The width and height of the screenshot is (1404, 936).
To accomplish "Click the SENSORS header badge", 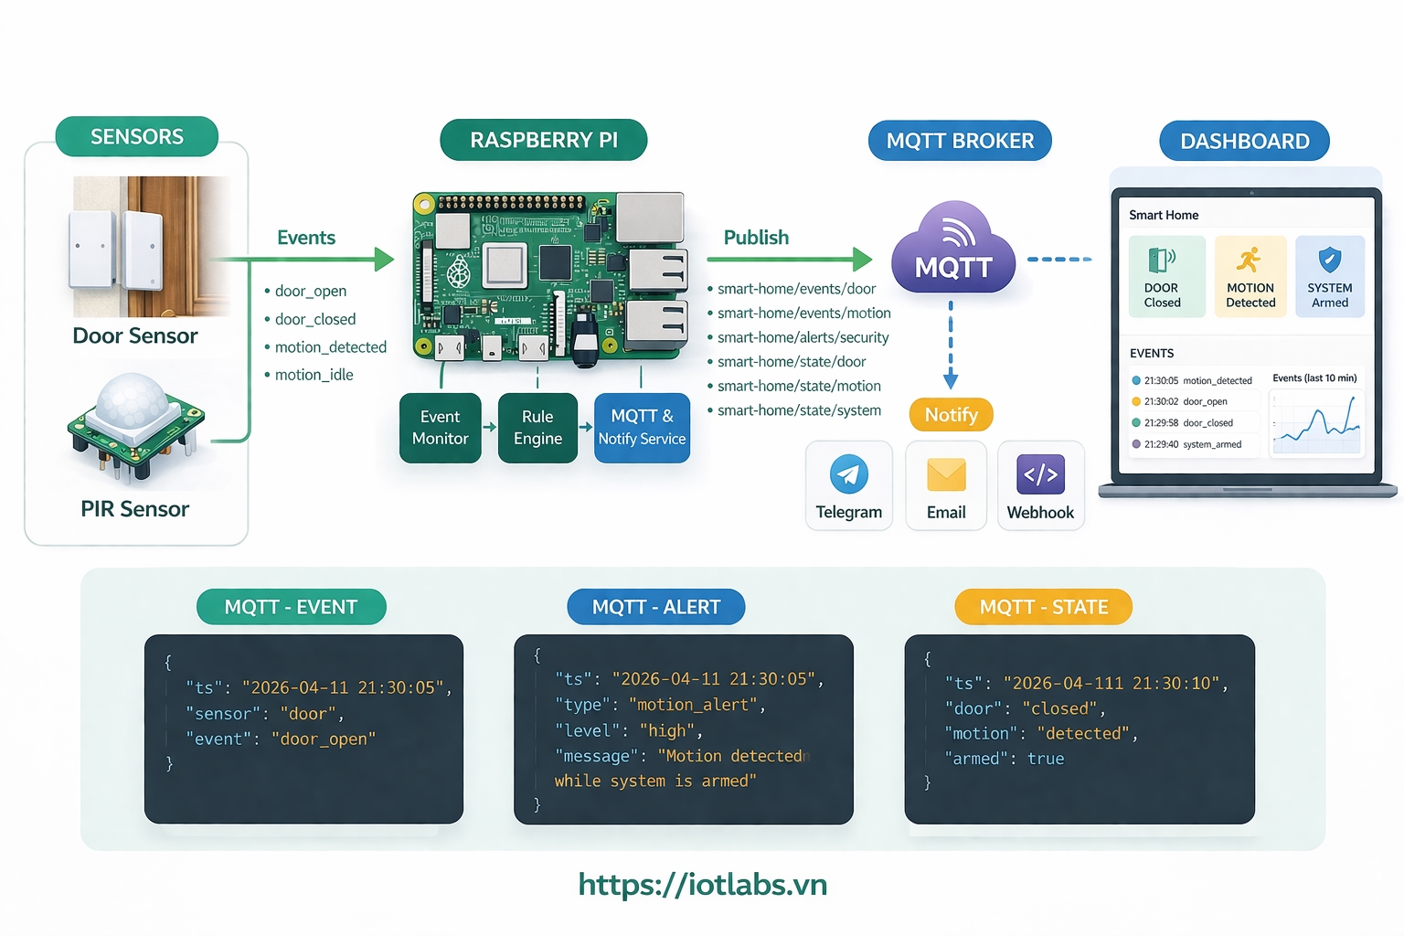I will point(137,137).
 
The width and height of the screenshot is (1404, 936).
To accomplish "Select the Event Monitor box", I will point(440,428).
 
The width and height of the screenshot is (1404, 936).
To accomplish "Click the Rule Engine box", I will point(537,428).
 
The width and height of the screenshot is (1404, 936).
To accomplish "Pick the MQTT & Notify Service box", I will point(642,428).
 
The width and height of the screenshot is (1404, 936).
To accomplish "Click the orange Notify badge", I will point(951,415).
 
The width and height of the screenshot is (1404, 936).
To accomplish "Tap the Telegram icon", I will point(848,474).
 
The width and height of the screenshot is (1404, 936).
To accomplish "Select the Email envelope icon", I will point(946,474).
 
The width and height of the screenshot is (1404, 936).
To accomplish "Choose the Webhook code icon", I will point(1040,474).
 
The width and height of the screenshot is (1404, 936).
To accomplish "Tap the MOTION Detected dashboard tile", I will point(1250,276).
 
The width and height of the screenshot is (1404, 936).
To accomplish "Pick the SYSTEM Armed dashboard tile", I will point(1330,276).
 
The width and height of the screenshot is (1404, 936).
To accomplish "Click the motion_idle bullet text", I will point(314,375).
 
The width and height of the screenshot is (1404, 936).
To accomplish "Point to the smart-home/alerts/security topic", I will point(803,337).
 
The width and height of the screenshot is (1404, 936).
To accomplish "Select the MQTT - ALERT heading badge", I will point(655,607).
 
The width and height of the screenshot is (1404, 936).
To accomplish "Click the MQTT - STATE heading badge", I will point(1043,607).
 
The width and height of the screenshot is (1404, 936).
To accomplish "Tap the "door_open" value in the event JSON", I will point(324,739).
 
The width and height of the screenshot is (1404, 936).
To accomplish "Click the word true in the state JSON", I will point(1046,759).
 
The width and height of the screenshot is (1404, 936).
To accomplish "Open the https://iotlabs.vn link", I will point(702,884).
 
